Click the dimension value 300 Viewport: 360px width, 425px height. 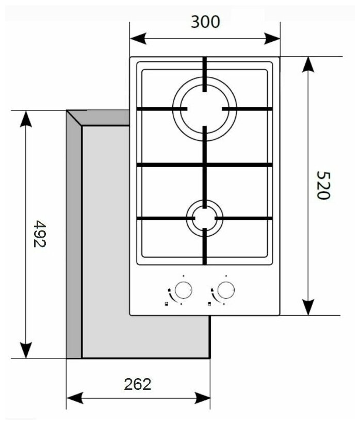point(205,22)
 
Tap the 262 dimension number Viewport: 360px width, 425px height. point(138,384)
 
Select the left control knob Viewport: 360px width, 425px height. point(182,291)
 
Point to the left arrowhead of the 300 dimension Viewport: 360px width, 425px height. point(135,39)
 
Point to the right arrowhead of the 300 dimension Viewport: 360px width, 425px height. point(274,39)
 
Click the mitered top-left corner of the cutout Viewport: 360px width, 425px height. point(75,118)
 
